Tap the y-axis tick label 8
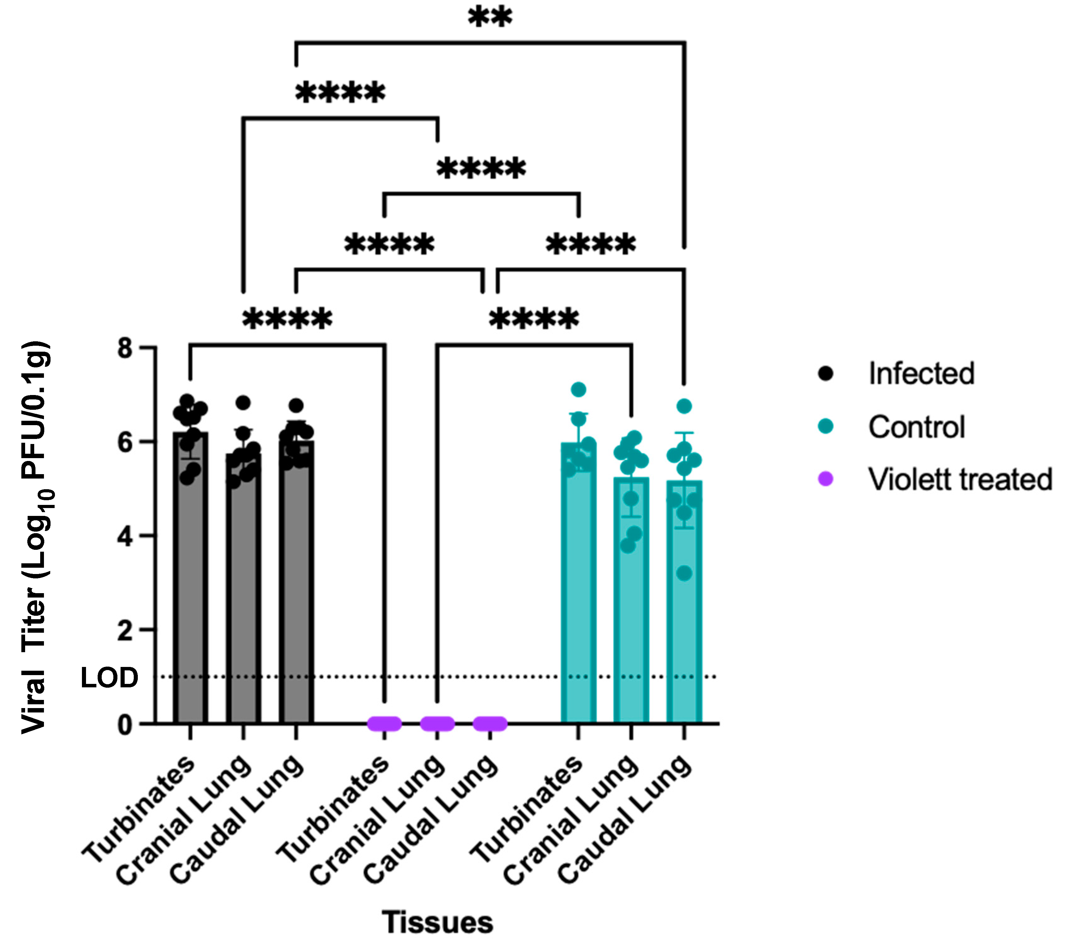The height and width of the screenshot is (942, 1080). tap(125, 348)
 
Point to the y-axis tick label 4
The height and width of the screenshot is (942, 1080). tap(125, 537)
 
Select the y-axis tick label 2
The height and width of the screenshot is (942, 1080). tap(125, 630)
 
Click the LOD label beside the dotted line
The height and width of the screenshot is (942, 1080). tap(109, 678)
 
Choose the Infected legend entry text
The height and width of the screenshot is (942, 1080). tap(921, 374)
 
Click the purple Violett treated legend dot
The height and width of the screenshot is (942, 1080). tap(826, 479)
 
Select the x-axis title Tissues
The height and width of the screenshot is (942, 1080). tap(437, 923)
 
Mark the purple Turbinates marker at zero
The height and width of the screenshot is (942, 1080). tap(384, 724)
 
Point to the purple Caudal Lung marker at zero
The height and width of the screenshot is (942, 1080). tap(490, 724)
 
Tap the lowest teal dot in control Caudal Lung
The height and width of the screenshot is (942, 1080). tap(684, 573)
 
